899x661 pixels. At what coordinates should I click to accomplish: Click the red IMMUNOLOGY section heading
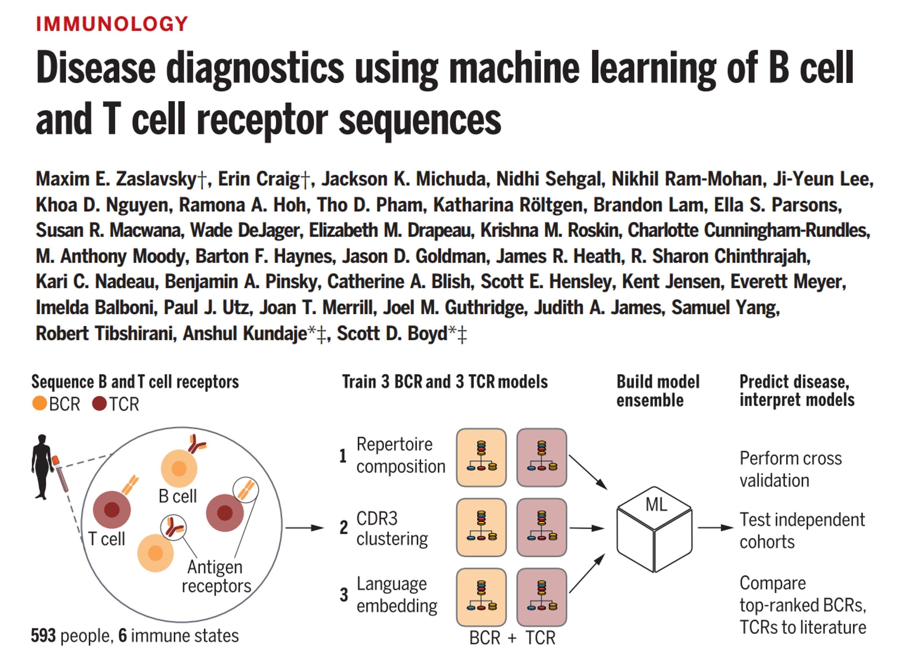tap(112, 24)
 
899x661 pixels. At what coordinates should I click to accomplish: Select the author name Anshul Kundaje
tap(244, 334)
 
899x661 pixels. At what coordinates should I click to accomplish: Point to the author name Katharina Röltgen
tap(510, 205)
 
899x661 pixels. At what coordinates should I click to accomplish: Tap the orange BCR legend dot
tap(40, 403)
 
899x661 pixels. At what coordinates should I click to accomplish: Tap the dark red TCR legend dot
tap(99, 403)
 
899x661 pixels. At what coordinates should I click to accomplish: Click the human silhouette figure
tap(42, 467)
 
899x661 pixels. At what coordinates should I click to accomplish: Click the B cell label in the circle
tap(177, 496)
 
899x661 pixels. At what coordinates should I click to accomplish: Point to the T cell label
tap(106, 539)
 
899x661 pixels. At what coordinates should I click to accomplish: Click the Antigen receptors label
tap(216, 576)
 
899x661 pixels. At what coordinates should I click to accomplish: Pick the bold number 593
tap(44, 636)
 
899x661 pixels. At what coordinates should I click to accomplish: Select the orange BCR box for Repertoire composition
tap(481, 457)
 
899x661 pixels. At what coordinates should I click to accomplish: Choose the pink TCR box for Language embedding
tap(542, 597)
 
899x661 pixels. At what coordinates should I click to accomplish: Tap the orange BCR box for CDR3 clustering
tap(481, 527)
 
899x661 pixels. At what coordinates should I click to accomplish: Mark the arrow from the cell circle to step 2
tap(304, 528)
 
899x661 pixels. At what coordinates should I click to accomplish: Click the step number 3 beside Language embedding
tap(344, 595)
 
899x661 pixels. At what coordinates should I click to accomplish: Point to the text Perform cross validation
tap(790, 469)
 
